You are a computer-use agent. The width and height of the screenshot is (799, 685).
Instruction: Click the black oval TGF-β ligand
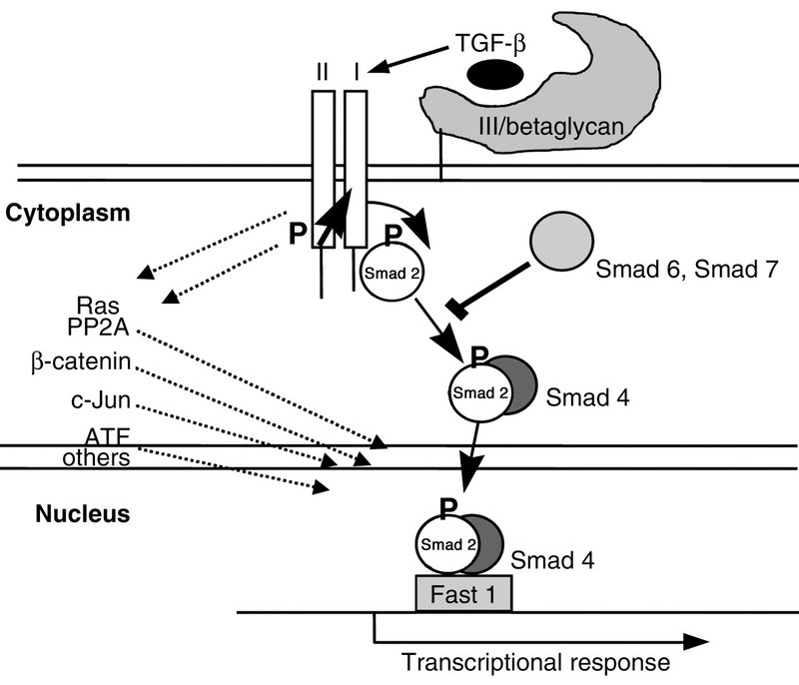click(x=495, y=74)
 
